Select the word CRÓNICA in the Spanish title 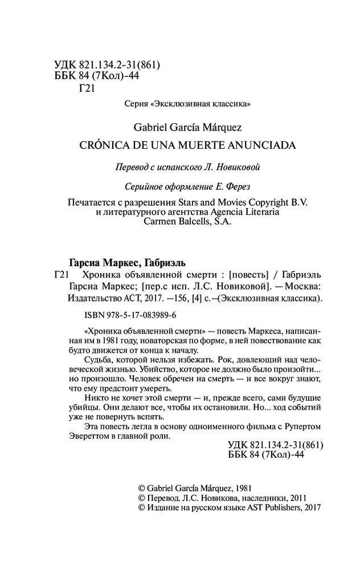click(103, 145)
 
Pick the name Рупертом click(297, 427)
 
